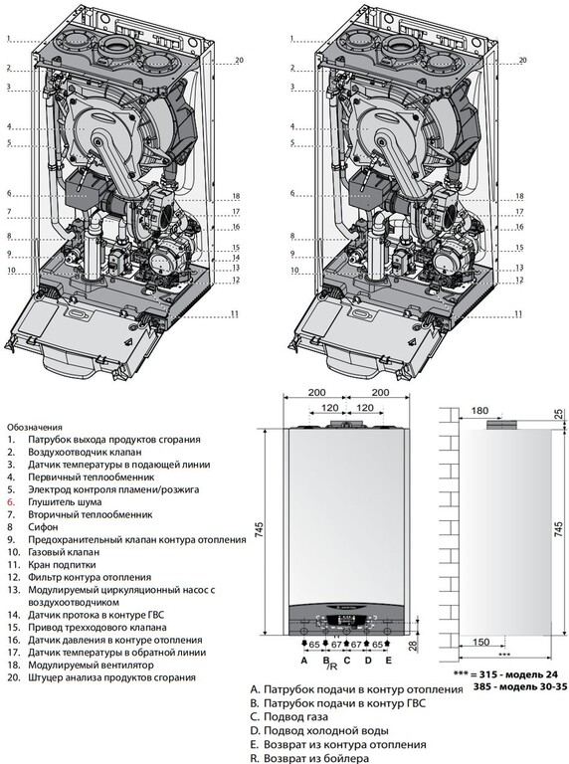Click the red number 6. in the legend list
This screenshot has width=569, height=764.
coord(11,502)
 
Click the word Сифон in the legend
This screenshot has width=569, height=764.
coord(43,527)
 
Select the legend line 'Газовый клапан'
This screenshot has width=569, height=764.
coord(64,552)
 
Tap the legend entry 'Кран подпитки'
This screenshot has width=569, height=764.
coord(62,565)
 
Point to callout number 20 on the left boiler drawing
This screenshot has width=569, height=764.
coord(239,61)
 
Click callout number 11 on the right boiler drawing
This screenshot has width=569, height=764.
coord(518,314)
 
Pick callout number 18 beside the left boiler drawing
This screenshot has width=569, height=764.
coord(237,196)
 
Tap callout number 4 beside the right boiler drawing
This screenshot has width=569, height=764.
coord(292,126)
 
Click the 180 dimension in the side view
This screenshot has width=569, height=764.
coord(479,411)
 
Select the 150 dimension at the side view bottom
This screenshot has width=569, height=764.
coord(480,642)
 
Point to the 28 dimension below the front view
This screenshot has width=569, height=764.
coord(413,646)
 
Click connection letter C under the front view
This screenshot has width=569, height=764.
coord(347,661)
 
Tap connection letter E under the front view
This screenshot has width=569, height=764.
coord(388,661)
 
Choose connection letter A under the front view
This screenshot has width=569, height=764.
coord(304,661)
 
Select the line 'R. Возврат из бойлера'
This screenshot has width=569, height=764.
coord(309,759)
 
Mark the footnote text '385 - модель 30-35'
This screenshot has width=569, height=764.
coord(520,687)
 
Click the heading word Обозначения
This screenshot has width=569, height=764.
coord(35,428)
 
